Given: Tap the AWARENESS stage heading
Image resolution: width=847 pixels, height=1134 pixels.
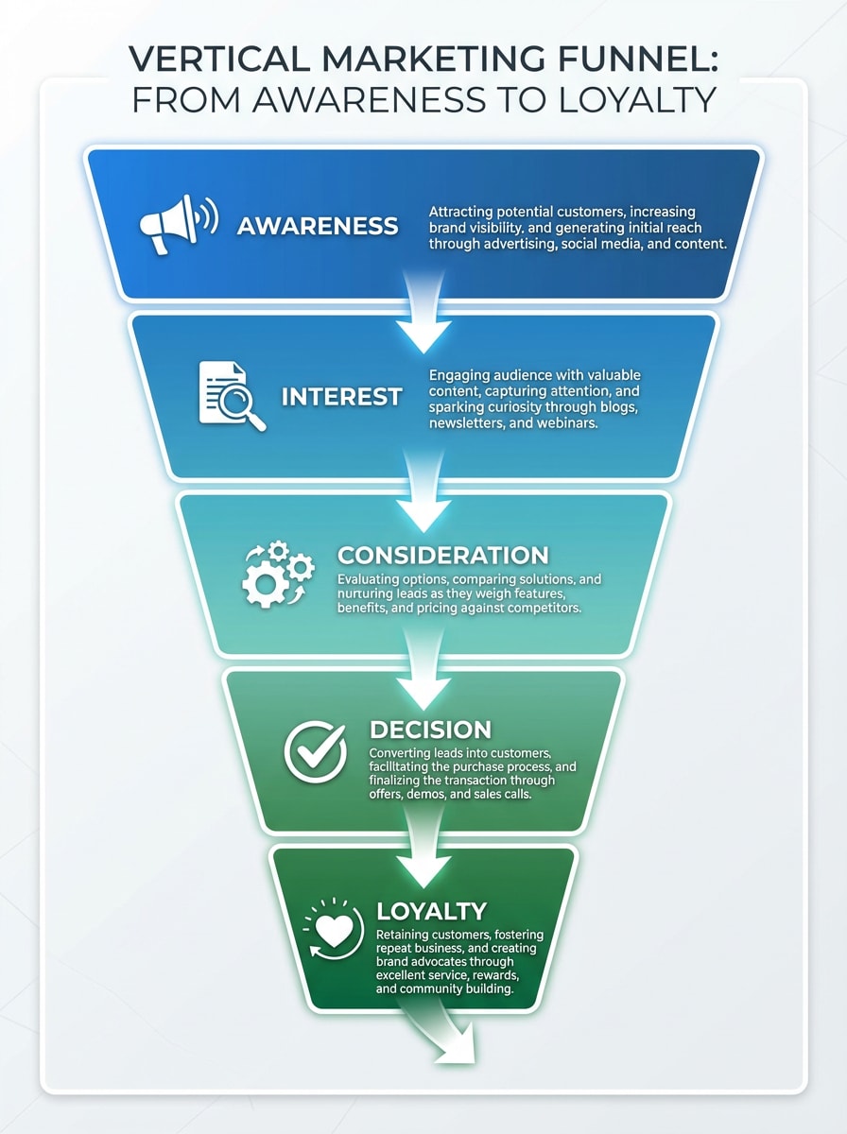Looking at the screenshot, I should [318, 226].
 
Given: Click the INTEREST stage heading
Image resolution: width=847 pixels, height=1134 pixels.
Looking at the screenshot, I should [341, 396].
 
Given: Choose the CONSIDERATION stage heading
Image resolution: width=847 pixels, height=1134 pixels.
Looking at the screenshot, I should [442, 555].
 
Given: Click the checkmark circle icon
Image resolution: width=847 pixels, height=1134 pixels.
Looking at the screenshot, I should [316, 751].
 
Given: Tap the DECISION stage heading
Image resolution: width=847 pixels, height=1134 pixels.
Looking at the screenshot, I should [430, 730].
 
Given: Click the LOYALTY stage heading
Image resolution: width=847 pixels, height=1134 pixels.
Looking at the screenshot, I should [431, 911].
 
